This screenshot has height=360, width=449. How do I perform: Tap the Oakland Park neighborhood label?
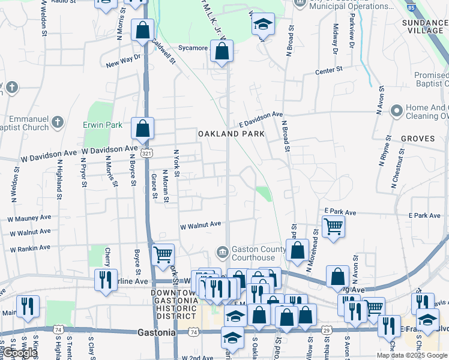[x=231, y=134]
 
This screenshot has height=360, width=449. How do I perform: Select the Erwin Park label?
[x=103, y=125]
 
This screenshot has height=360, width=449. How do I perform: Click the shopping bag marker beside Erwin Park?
[x=143, y=128]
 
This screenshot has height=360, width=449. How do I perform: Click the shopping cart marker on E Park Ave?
[x=333, y=227]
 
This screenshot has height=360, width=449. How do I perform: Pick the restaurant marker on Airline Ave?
[x=106, y=279]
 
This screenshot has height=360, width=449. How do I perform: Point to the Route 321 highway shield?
[x=146, y=154]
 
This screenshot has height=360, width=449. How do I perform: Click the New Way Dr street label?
[x=122, y=61]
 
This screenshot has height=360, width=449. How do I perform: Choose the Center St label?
[x=329, y=71]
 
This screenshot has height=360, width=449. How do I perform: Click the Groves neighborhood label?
[x=418, y=139]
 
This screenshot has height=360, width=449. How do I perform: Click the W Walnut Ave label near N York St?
[x=201, y=227]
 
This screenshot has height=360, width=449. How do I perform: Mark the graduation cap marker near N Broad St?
[x=262, y=25]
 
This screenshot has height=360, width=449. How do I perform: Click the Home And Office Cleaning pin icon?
[x=396, y=110]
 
